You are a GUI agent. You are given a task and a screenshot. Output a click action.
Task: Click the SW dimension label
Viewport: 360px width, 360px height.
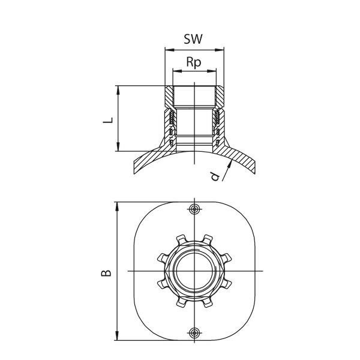[x=194, y=40]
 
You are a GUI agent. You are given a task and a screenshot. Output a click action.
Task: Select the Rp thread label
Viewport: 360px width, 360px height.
[x=194, y=61]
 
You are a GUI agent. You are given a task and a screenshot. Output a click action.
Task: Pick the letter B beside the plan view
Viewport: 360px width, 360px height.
[x=106, y=273]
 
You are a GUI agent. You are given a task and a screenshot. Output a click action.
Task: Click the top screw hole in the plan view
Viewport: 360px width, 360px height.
[x=194, y=208]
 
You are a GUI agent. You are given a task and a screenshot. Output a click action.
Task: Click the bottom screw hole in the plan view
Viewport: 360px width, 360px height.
[x=194, y=333]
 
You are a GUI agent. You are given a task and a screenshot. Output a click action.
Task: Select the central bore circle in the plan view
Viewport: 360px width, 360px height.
[x=194, y=271]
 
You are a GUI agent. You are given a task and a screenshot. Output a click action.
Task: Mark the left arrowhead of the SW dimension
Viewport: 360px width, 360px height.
[x=167, y=50]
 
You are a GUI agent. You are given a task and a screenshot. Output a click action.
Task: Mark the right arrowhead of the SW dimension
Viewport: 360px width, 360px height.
[x=221, y=50]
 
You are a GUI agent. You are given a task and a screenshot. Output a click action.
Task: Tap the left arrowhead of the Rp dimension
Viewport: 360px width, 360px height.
[x=175, y=71]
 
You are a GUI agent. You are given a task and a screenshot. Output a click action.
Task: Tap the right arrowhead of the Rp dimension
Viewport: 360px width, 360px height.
[x=213, y=71]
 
